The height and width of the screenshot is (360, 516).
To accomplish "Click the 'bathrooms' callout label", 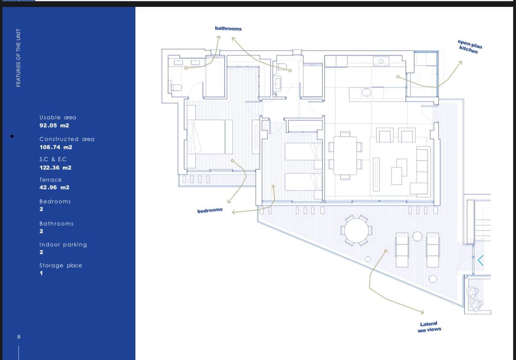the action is pos(228,29).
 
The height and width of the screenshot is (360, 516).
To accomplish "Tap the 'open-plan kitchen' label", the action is pos(469,47).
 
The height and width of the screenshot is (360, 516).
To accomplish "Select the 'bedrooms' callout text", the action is pos(210,210).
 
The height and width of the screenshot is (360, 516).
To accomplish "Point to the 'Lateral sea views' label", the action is pos(429,327).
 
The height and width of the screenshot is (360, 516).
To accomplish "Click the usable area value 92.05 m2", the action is pos(54,125).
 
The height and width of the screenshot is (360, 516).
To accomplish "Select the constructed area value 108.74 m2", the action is pos(56,147).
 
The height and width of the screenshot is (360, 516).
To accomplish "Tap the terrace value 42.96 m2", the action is pos(54,187).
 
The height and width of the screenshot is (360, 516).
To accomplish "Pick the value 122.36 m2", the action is pos(55,168).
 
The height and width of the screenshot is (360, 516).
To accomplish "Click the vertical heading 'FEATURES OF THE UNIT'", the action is pos(18,58).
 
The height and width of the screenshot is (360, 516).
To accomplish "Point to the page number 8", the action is pos(19,337).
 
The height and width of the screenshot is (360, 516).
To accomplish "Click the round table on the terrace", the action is pos(356,230).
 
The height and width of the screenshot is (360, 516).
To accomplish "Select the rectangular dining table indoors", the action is pos(345,155).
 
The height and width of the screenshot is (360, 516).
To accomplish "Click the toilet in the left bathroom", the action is pos(176,87).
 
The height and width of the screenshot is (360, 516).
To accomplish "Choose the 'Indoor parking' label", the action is pos(63,245).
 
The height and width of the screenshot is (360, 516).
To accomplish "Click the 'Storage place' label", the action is pos(61,265).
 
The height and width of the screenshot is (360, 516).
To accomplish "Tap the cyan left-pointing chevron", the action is pos(481,261).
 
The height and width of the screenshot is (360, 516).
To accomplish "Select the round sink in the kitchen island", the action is pos(366,93).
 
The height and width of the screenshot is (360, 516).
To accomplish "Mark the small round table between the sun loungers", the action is pos(417,237).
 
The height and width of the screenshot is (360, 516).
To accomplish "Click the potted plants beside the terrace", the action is pos(474,299).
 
